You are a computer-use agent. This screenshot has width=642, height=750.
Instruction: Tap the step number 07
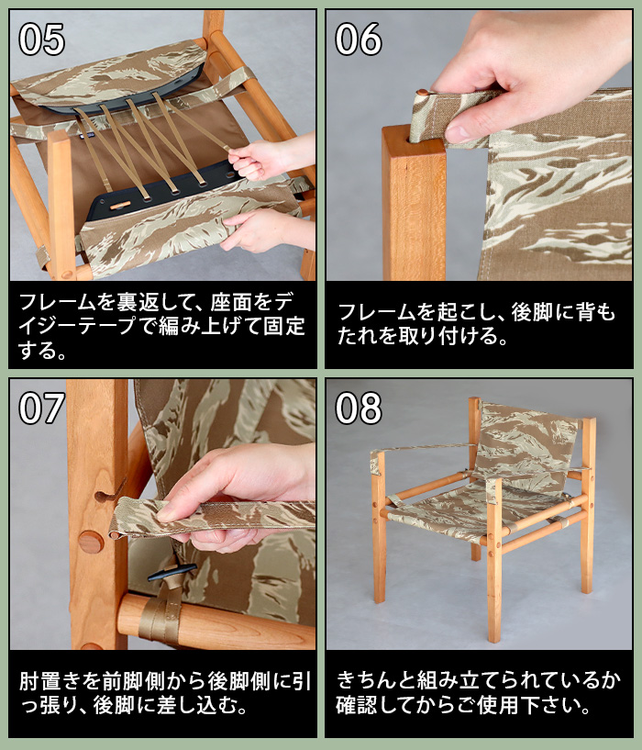click(x=42, y=408)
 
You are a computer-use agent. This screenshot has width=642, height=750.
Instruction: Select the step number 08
click(x=359, y=408)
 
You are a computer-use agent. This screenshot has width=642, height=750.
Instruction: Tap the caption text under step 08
click(x=477, y=694)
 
